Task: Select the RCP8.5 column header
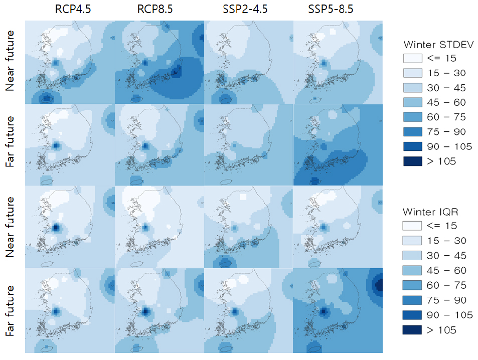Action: tap(155, 10)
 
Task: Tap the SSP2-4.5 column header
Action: tap(245, 10)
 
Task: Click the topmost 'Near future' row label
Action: tap(10, 61)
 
